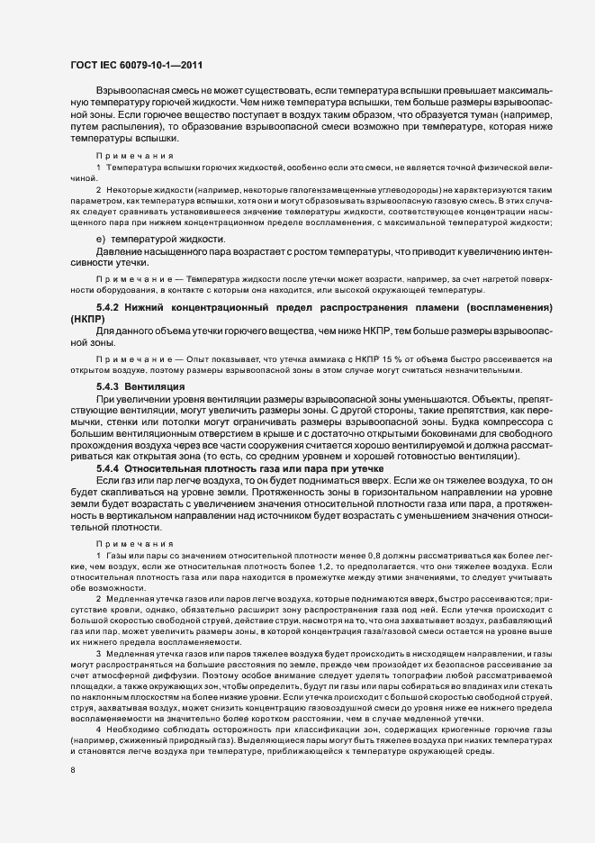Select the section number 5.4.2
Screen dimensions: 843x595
[110, 308]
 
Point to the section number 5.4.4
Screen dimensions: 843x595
[110, 469]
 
